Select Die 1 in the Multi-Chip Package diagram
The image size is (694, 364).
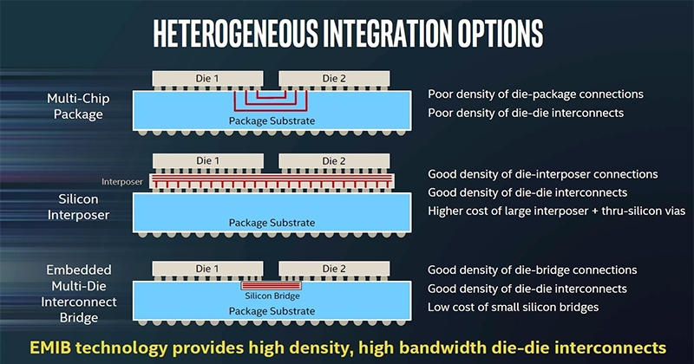pos(210,79)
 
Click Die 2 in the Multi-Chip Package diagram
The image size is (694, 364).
pos(334,79)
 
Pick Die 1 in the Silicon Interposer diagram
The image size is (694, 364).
pos(210,161)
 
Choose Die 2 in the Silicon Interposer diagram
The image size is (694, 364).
pos(334,161)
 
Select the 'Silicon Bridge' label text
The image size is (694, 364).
pos(272,296)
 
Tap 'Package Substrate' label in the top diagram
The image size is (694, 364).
pos(272,120)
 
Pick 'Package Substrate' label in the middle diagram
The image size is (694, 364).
pos(272,223)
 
